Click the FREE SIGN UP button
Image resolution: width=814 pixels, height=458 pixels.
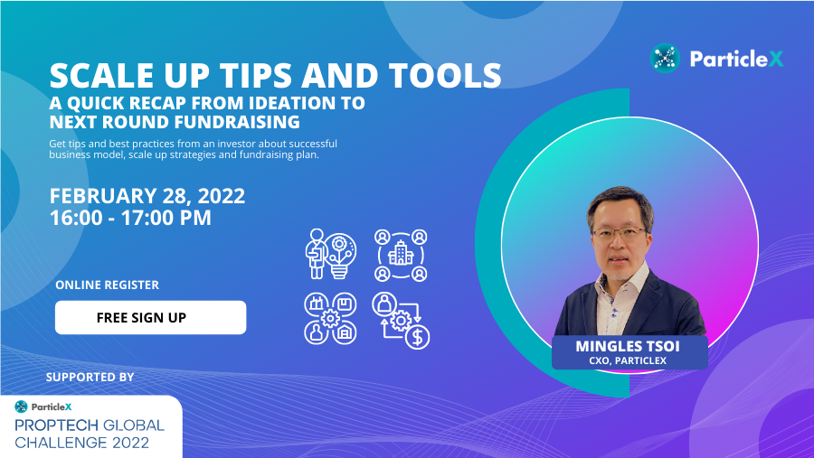coord(150,317)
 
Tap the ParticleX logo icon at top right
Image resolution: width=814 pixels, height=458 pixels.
coord(665,58)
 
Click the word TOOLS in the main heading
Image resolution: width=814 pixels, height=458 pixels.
coord(445,75)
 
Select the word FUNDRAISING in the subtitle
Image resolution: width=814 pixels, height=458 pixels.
coord(237,122)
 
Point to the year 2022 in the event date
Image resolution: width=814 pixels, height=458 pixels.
coord(222,196)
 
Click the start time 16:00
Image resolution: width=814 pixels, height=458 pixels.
coord(76,218)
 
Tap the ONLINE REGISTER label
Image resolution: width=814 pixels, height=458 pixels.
coord(107,285)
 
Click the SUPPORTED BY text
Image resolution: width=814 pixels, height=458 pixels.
coord(90,377)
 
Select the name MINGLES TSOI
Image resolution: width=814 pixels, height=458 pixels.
coord(628,346)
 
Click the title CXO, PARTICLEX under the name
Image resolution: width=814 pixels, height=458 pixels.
coord(628,360)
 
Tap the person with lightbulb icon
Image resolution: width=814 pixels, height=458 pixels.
coord(331,254)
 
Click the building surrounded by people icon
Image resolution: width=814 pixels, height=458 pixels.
coord(401,256)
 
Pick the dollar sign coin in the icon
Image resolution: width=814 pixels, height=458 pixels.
coord(417,337)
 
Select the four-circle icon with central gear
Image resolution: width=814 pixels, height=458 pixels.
coord(330,319)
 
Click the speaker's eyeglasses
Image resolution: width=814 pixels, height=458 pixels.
coord(620,233)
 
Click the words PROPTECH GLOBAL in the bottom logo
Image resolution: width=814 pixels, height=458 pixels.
coord(90,425)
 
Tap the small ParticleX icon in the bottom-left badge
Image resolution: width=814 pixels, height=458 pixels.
coord(21,407)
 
